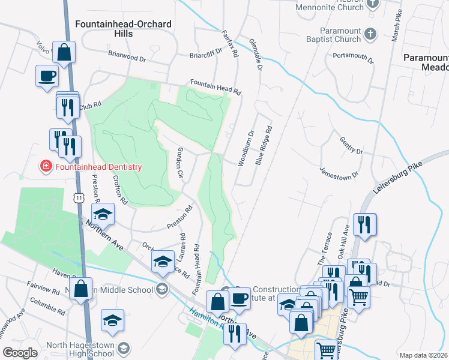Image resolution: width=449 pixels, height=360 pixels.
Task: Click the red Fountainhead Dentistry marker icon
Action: (x=46, y=167)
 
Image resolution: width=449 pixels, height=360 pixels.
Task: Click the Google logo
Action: (x=20, y=353)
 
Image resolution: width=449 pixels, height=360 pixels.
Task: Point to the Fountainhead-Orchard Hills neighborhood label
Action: (x=124, y=29)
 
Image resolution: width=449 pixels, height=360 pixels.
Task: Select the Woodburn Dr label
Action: (x=246, y=148)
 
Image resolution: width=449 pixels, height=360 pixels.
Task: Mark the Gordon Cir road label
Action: (x=179, y=162)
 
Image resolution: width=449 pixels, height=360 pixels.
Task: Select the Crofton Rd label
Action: (x=119, y=190)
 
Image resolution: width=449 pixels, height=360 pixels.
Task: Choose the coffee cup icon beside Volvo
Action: (x=47, y=76)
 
